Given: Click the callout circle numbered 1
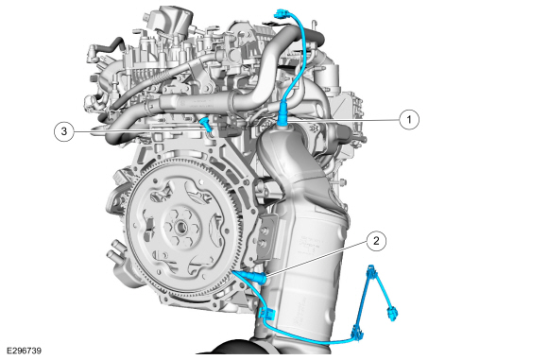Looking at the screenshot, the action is (409, 120).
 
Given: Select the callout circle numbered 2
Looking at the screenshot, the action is (376, 241).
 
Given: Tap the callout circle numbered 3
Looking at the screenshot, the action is (64, 131).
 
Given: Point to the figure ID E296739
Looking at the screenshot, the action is (24, 351).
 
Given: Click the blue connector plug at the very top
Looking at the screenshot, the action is (281, 14).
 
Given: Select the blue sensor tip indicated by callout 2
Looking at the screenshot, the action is (257, 277).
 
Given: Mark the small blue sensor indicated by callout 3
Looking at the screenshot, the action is (206, 126).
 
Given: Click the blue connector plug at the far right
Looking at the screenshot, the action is (392, 313).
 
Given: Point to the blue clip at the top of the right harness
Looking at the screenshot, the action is (371, 271).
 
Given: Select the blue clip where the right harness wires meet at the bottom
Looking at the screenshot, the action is (356, 333).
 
